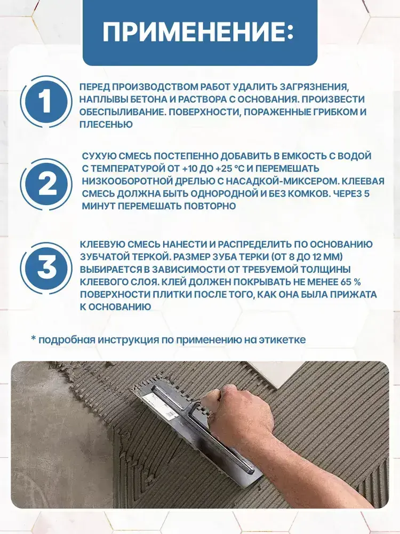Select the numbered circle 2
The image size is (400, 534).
(x=46, y=184)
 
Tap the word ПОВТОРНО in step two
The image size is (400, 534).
(x=210, y=206)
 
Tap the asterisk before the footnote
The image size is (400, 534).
(x=33, y=338)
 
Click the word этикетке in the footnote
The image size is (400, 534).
(x=282, y=340)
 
